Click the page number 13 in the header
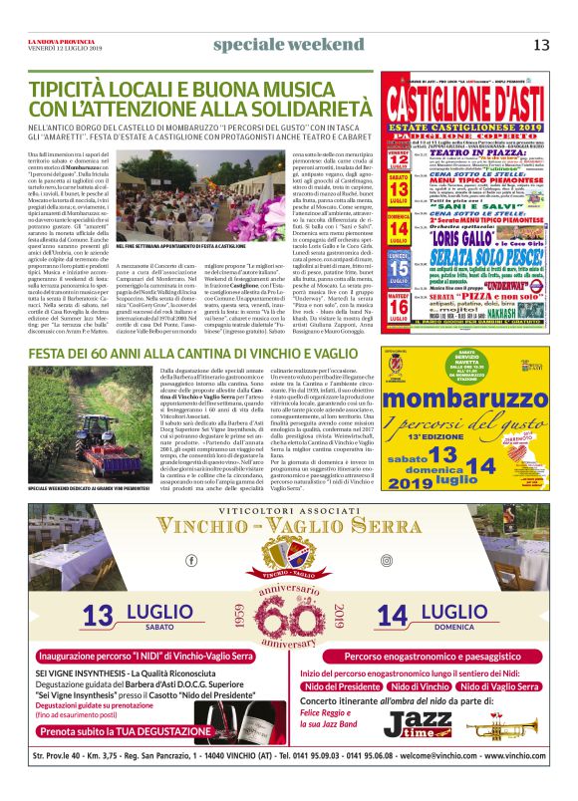coord(541,44)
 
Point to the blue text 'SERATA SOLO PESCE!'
coord(471,252)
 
